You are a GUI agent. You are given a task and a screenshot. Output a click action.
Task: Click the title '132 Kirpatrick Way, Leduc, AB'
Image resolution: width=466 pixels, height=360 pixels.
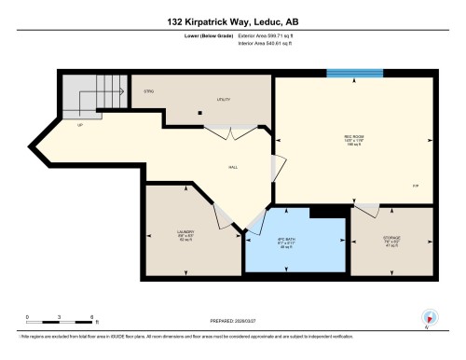233,21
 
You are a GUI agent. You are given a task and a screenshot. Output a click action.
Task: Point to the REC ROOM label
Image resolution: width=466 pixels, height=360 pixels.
353,137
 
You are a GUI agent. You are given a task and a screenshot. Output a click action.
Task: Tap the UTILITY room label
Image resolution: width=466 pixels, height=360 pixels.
224,98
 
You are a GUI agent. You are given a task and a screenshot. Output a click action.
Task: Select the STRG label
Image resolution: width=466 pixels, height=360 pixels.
147,91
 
